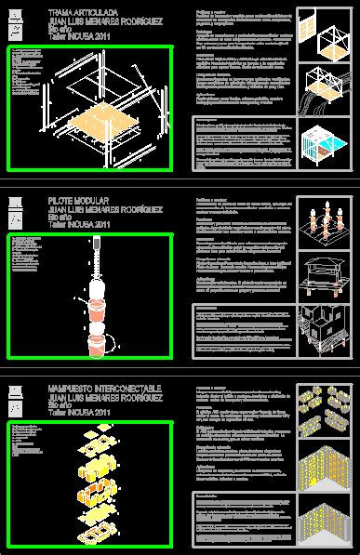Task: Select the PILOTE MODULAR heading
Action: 78,200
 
